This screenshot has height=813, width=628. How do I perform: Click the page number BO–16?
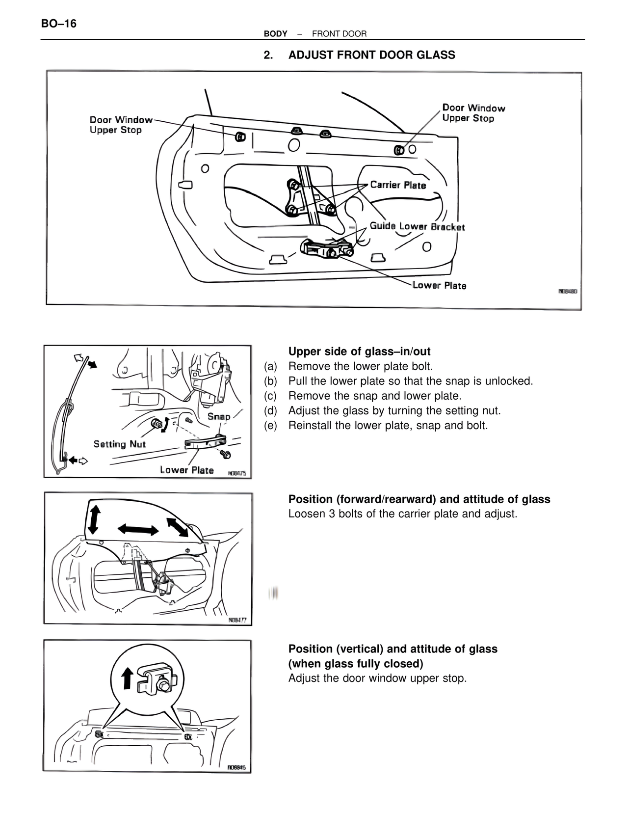click(x=59, y=24)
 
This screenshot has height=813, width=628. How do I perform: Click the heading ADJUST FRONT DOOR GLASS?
click(x=371, y=55)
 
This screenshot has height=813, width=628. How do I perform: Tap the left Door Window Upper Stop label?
click(x=120, y=125)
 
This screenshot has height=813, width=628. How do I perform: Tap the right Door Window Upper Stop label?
click(x=473, y=113)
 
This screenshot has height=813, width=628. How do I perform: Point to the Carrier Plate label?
click(x=397, y=185)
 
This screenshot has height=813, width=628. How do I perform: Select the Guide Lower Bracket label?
click(x=417, y=226)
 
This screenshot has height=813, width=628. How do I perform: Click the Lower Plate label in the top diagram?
click(x=439, y=285)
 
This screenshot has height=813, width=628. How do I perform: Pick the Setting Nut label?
click(x=120, y=444)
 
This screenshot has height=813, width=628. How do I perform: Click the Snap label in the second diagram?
click(x=218, y=416)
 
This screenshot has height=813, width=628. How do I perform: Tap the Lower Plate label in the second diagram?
click(x=186, y=470)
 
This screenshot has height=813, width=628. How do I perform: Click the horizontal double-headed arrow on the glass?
click(x=138, y=529)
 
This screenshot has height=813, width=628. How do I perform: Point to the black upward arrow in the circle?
click(x=127, y=678)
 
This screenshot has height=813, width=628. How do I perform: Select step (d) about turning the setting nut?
click(x=394, y=410)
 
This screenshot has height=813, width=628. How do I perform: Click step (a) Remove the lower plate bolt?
click(x=361, y=366)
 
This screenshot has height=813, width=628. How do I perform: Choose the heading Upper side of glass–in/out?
click(x=359, y=352)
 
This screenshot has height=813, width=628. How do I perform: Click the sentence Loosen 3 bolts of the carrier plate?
click(x=402, y=514)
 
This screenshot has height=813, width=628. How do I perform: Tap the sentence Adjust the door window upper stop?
click(x=377, y=678)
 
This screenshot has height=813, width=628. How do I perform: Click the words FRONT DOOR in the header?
click(x=339, y=34)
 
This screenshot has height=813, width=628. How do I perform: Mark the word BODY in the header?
click(x=275, y=34)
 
